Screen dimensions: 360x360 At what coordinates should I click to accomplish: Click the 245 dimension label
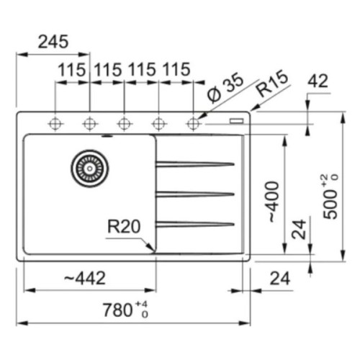53,42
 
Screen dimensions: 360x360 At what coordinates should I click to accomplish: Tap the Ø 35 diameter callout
225,88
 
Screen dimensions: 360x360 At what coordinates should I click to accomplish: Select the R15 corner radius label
272,84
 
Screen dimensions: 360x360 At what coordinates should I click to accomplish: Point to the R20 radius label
124,227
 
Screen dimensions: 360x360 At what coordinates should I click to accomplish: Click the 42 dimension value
318,81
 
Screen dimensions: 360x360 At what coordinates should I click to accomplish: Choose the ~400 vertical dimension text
273,202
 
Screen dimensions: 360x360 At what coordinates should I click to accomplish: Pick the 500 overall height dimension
330,197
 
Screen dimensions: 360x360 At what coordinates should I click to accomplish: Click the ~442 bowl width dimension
85,278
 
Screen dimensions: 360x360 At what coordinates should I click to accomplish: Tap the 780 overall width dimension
125,310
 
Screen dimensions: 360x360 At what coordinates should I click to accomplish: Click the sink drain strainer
89,168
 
